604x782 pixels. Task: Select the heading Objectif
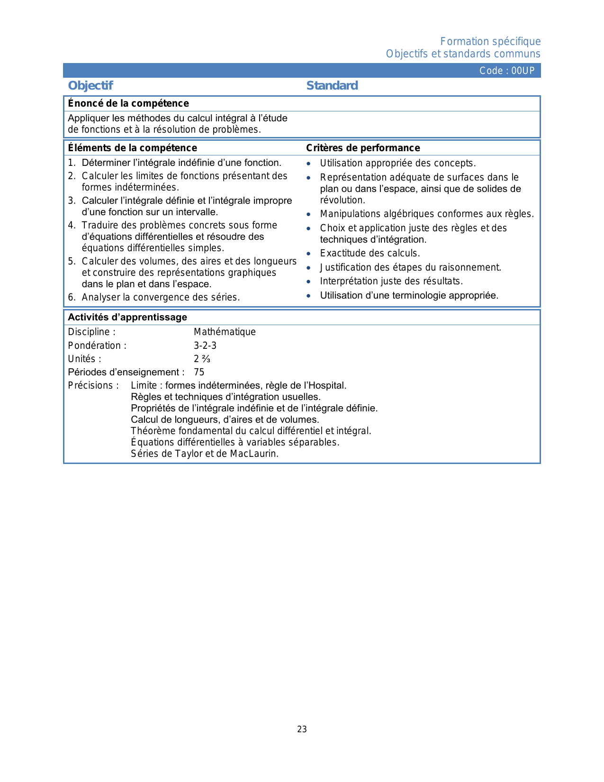tap(90, 86)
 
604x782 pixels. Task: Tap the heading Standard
tap(332, 86)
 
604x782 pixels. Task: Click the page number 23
tap(302, 729)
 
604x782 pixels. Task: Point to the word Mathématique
tap(225, 332)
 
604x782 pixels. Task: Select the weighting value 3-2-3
tap(205, 346)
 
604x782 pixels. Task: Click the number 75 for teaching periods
tap(199, 372)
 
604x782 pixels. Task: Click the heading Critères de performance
tap(363, 148)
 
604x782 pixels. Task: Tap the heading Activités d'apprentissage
tap(127, 317)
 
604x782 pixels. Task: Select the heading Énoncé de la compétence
tap(128, 103)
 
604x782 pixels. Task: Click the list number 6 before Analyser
tap(71, 297)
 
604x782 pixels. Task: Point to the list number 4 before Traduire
tap(71, 225)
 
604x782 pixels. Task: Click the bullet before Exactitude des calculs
tap(308, 254)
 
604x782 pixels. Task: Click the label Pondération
tap(97, 346)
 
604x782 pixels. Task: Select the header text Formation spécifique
tap(490, 42)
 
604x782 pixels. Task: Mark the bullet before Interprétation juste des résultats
tap(308, 282)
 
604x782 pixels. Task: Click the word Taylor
tap(191, 454)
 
